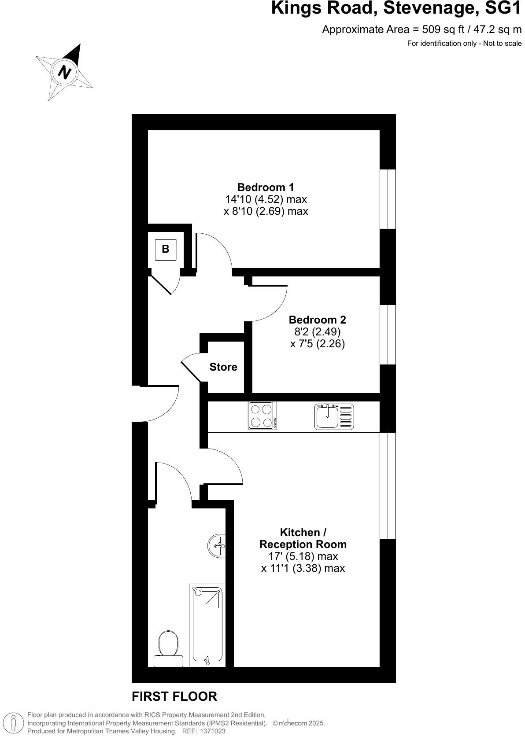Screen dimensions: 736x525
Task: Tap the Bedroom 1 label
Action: pyautogui.click(x=266, y=187)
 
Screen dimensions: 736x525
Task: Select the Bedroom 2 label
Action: pyautogui.click(x=317, y=320)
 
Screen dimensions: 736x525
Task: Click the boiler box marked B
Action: pyautogui.click(x=166, y=250)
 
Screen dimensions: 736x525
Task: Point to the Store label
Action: pyautogui.click(x=223, y=367)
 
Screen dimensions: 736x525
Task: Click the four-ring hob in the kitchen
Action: pyautogui.click(x=262, y=416)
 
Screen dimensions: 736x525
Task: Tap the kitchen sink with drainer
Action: pyautogui.click(x=334, y=416)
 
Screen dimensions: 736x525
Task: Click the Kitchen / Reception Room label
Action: pyautogui.click(x=303, y=538)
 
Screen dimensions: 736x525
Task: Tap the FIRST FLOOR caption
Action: pyautogui.click(x=174, y=696)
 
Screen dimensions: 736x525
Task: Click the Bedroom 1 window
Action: pyautogui.click(x=388, y=199)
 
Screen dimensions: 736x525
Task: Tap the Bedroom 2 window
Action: pyautogui.click(x=388, y=335)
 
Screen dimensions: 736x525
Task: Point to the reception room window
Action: pyautogui.click(x=388, y=486)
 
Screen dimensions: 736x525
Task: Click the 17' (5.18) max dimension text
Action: pyautogui.click(x=303, y=556)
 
